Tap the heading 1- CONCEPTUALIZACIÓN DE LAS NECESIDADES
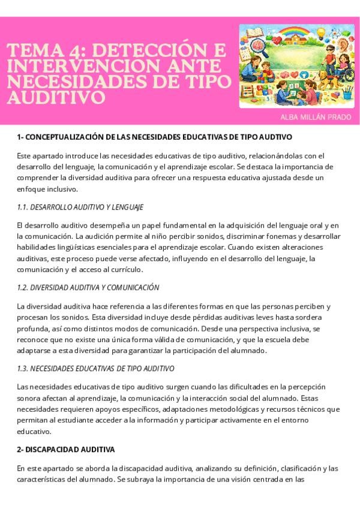pyautogui.click(x=154, y=137)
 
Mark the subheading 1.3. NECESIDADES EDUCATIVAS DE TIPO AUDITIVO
pyautogui.click(x=96, y=368)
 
